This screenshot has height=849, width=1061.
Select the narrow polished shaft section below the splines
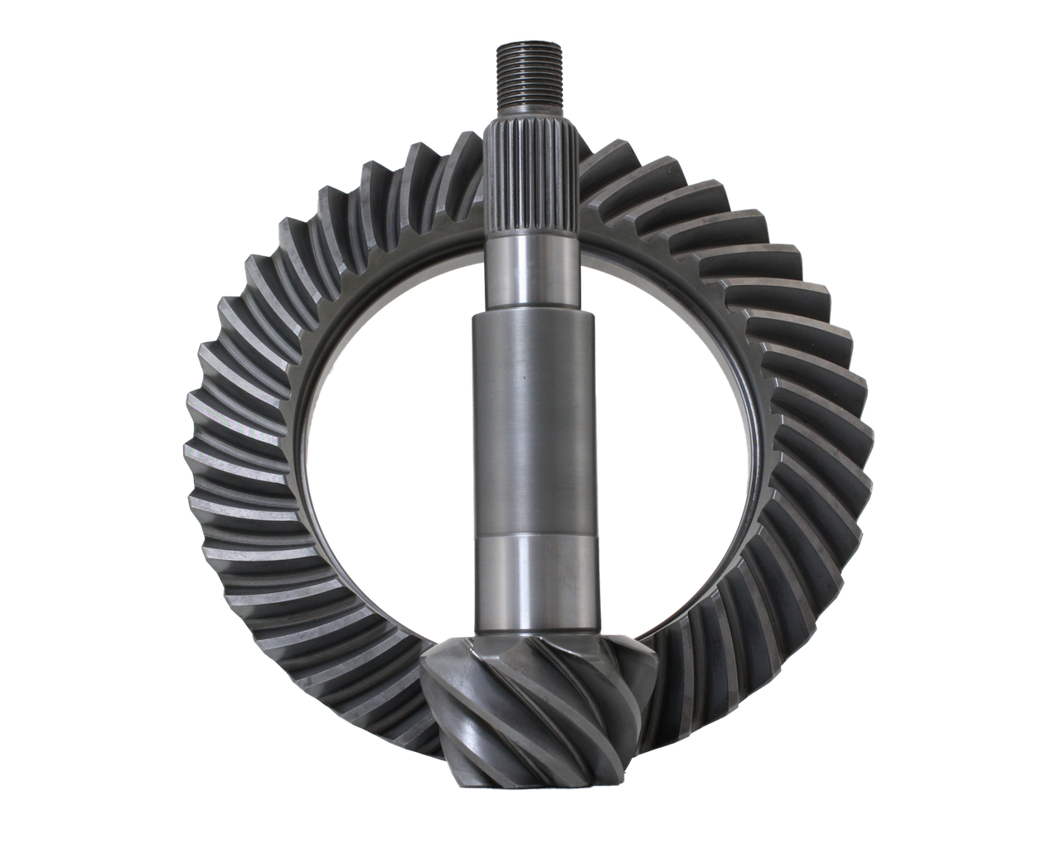click(x=530, y=273)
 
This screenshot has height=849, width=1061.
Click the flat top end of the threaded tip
click(x=530, y=48)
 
